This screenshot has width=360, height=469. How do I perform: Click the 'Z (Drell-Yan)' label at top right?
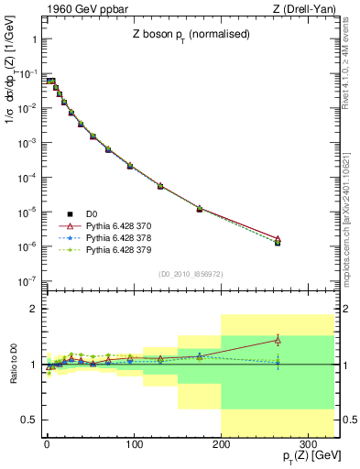[308, 9]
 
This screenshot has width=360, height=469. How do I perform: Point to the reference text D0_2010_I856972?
[189, 273]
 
